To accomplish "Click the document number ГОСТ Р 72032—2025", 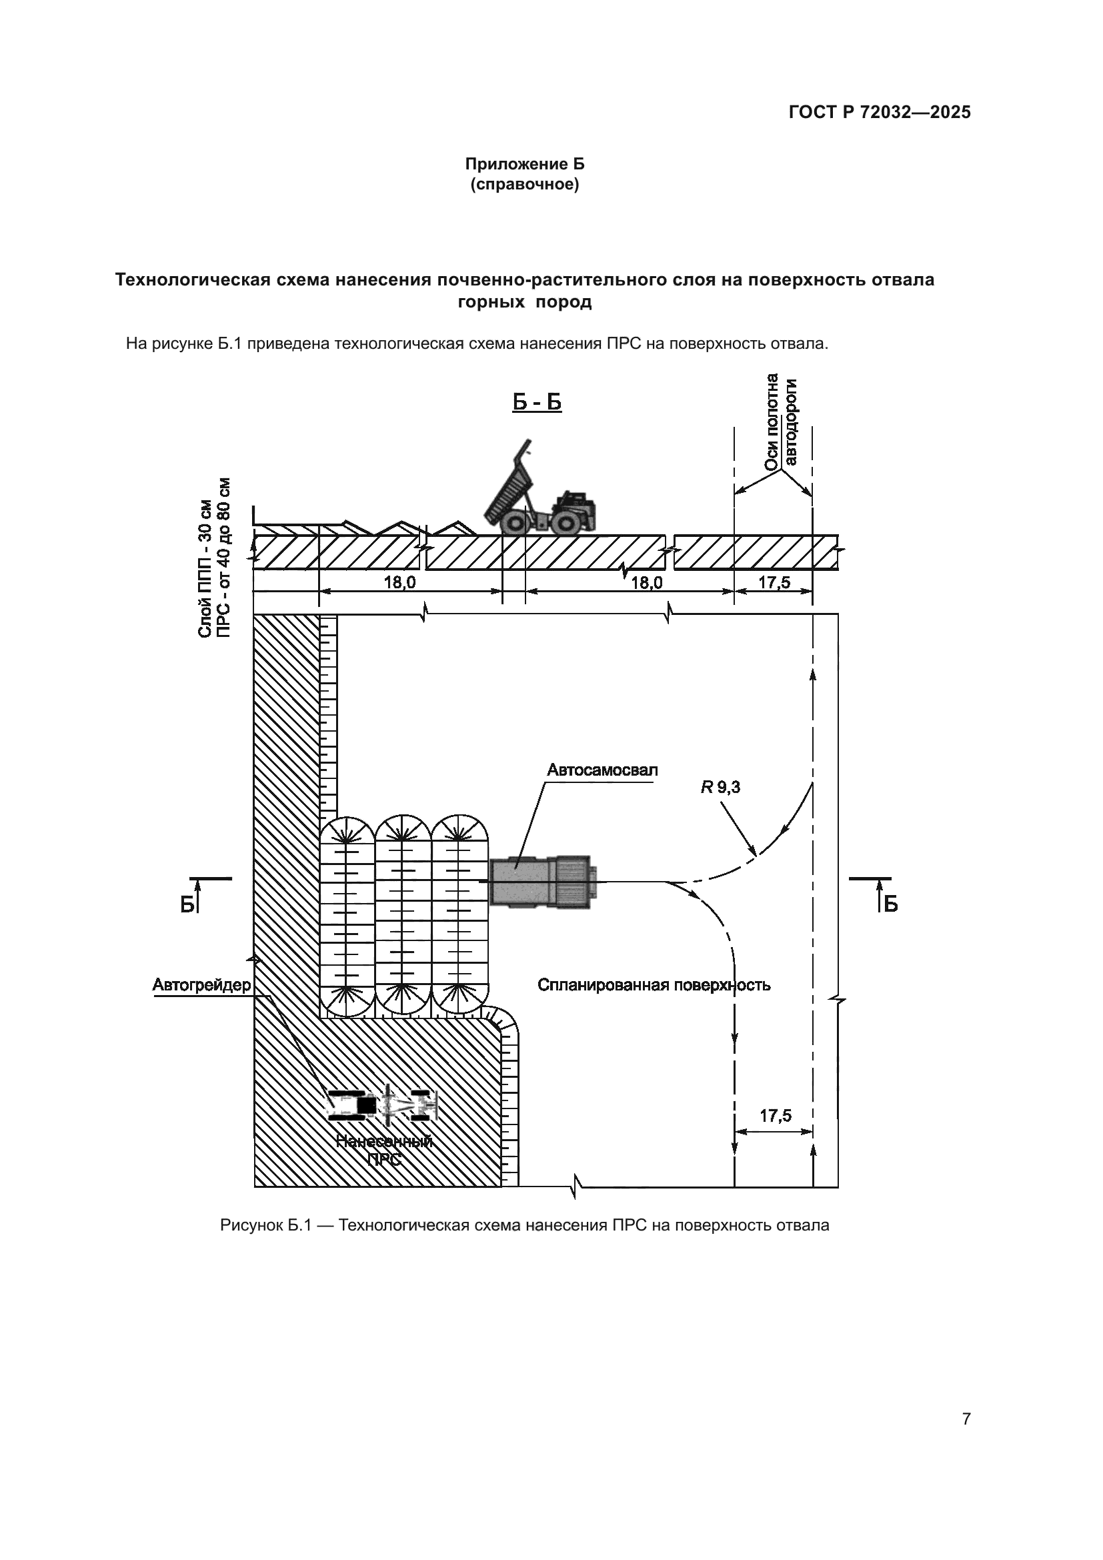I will [879, 112].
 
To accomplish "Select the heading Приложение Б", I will [524, 165].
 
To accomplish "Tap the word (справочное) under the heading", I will [524, 185].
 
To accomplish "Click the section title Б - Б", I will [537, 402].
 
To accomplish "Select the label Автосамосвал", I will [602, 770].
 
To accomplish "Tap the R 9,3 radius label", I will [721, 788].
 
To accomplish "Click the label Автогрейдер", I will [201, 985].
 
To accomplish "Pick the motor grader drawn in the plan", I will [382, 1104].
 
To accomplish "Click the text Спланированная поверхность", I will [654, 985].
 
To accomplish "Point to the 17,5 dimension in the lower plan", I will [775, 1116].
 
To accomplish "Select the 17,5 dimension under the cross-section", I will [774, 582].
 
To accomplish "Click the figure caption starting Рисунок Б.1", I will [524, 1225].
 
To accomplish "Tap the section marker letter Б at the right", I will [891, 904].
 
